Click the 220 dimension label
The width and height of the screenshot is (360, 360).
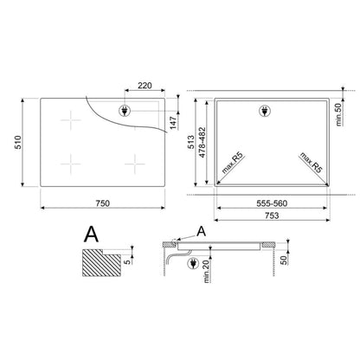pos(145,86)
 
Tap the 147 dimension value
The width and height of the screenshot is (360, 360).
pos(173,123)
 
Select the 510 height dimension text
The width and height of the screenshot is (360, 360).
pos(18,142)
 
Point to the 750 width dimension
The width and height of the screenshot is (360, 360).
pos(103,203)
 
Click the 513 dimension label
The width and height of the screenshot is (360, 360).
pos(191,142)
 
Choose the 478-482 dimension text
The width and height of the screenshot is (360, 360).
pos(202,142)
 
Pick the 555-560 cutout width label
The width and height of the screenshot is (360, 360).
pos(272,203)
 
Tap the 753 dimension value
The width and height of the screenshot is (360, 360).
pos(272,215)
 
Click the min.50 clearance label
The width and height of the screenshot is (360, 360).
pos(338,114)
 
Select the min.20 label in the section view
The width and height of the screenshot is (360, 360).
pos(206,272)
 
